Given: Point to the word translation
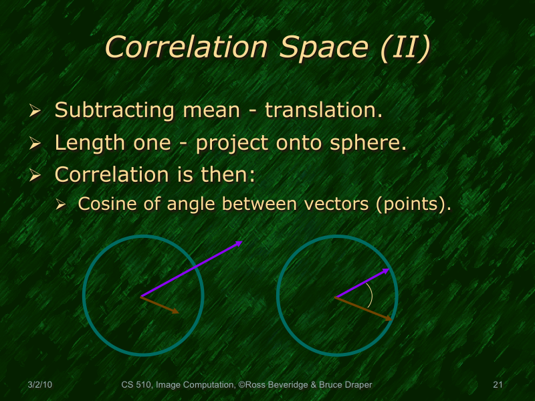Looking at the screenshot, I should (324, 110).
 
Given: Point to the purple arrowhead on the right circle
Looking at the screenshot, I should (386, 271).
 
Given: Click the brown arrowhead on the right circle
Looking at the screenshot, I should (388, 318).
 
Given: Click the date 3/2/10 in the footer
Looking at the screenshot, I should (41, 385).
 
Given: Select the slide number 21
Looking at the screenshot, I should (497, 385).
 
